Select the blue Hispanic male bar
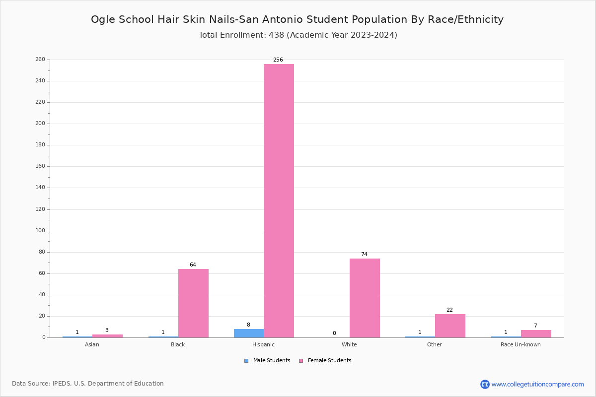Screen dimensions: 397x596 click(249, 333)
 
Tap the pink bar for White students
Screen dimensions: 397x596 click(365, 298)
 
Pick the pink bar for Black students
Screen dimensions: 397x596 click(193, 303)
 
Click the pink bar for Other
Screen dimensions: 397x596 click(450, 326)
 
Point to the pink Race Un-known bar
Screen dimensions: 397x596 click(536, 333)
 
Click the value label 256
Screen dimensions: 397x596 click(278, 60)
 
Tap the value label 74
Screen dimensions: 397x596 click(364, 255)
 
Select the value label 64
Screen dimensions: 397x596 click(193, 265)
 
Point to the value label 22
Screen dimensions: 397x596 click(449, 310)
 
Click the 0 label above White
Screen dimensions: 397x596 click(334, 333)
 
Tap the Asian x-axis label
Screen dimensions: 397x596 click(92, 344)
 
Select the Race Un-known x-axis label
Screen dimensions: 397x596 click(521, 344)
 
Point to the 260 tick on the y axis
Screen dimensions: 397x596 click(40, 60)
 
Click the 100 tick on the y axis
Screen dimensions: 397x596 click(40, 231)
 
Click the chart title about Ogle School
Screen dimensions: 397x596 click(297, 19)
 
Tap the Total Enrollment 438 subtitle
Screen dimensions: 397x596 click(298, 35)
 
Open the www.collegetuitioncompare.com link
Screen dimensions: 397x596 click(537, 384)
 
